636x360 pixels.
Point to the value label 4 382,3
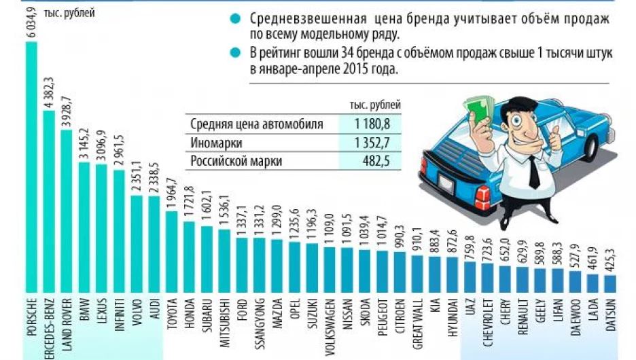tap(48, 90)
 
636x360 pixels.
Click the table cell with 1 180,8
tap(373, 124)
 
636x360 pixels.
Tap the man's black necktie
tap(533, 172)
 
